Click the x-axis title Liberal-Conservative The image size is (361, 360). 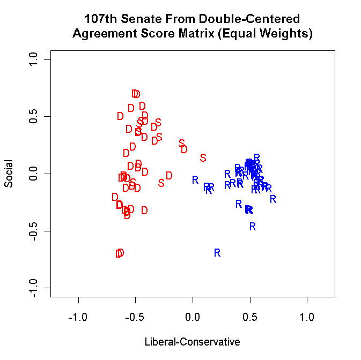point(192,341)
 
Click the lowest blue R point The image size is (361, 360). point(217,252)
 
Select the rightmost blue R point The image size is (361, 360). point(273,199)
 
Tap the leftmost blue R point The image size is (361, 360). point(195,179)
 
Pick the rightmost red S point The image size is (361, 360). point(203,157)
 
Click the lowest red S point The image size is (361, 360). point(161,183)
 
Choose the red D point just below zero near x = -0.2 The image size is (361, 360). point(169,175)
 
